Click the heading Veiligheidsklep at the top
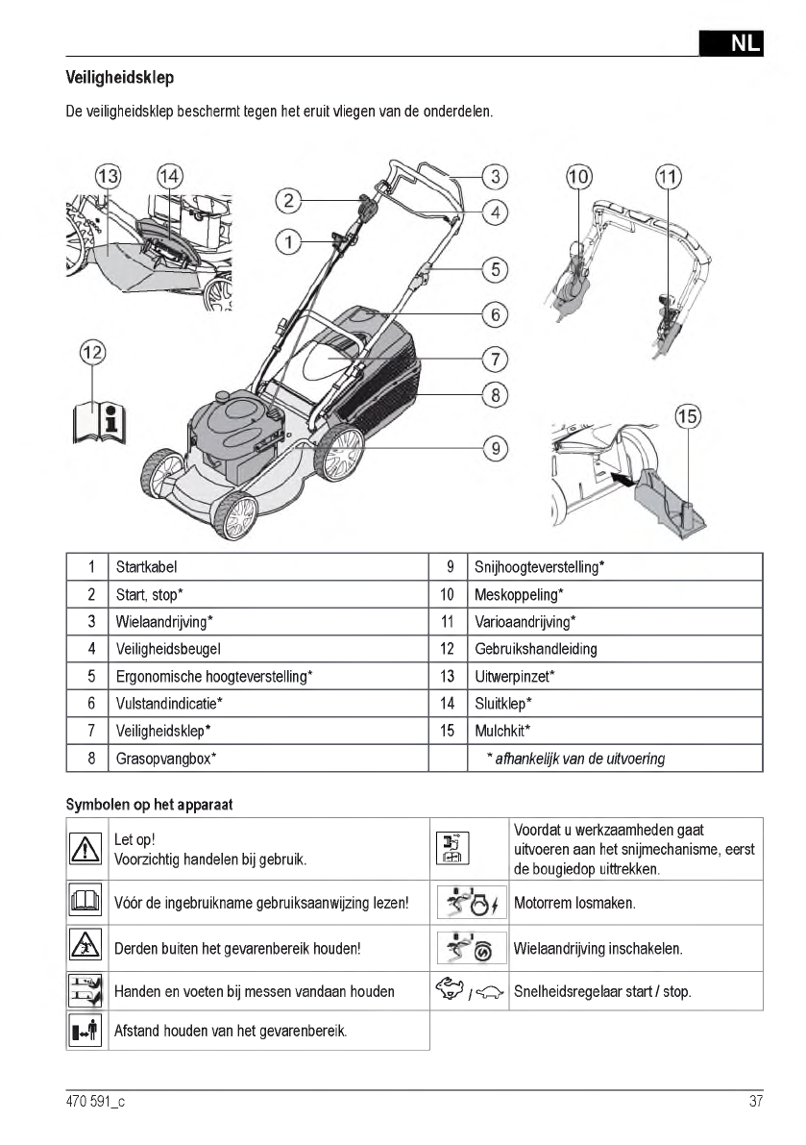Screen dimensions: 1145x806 click(x=119, y=77)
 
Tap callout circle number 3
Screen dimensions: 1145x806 click(x=494, y=176)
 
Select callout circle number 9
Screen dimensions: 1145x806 click(x=494, y=447)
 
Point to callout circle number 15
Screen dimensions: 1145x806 click(x=687, y=417)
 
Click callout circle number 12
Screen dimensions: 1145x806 click(x=92, y=353)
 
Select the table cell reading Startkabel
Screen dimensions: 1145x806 click(x=146, y=567)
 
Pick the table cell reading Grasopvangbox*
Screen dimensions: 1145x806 click(x=165, y=759)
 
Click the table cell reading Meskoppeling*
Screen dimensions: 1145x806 click(x=519, y=594)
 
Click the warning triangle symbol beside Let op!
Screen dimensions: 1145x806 click(x=86, y=848)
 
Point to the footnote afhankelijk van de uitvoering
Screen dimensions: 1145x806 click(x=576, y=759)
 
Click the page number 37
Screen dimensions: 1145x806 click(x=755, y=1102)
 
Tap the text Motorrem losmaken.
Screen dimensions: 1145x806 click(x=574, y=904)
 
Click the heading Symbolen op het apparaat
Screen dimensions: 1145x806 click(x=149, y=804)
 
